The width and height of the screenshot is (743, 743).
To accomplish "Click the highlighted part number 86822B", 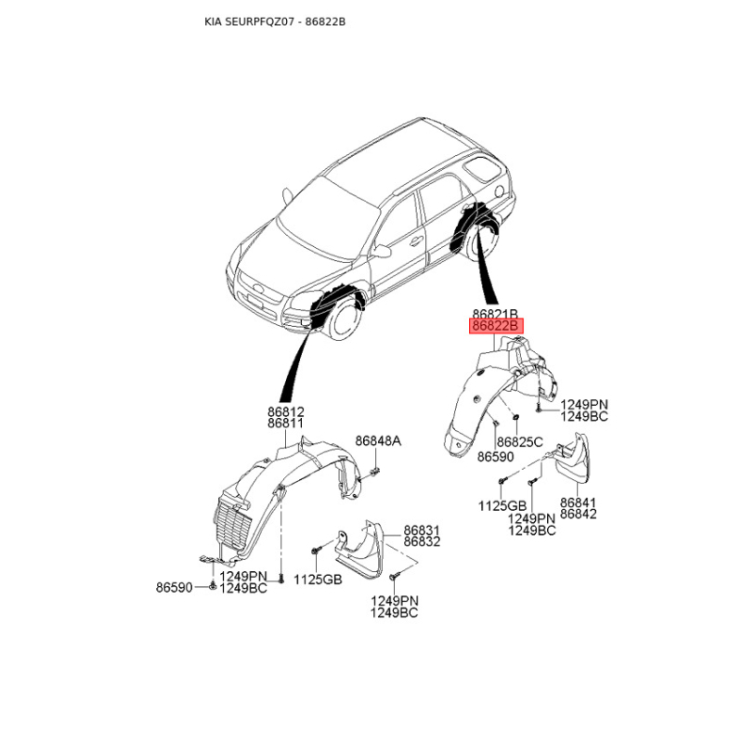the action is tap(496, 326).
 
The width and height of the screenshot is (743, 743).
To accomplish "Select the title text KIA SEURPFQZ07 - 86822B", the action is tap(275, 21).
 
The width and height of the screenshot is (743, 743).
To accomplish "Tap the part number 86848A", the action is tap(378, 441).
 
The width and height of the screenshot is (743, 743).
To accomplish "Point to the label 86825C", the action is tap(519, 442).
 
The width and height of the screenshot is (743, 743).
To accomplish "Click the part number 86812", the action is tap(286, 411).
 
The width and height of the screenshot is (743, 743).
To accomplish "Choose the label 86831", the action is tap(422, 530).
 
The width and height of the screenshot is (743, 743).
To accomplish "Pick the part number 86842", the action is tap(578, 515).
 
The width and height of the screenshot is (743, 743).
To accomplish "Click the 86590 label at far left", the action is tap(175, 588).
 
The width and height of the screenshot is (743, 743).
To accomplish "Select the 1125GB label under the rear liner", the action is tap(502, 506).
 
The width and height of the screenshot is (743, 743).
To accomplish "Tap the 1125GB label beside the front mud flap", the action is tap(318, 579).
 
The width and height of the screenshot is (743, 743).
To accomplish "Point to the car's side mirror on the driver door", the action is tap(382, 250).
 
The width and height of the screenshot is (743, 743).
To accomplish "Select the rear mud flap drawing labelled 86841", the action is tap(573, 459).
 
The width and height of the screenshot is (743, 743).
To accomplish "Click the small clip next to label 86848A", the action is tap(376, 472).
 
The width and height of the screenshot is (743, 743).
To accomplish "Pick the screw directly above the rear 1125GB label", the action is tap(502, 480).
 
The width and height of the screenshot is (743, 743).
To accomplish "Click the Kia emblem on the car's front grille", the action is tap(259, 288).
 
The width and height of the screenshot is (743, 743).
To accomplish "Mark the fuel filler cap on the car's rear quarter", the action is tap(499, 191).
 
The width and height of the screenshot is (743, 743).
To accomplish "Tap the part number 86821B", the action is tap(495, 313).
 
